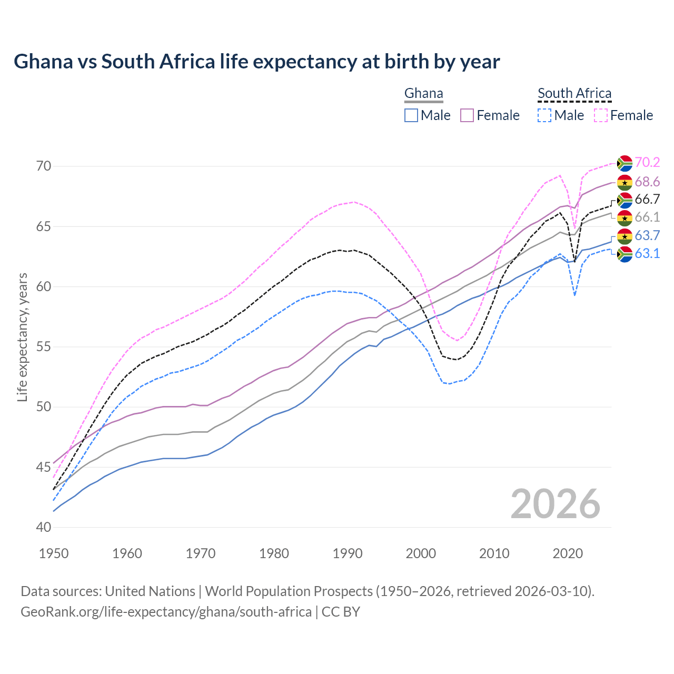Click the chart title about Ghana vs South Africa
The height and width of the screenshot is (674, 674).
(x=256, y=62)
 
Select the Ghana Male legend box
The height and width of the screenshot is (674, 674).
(x=411, y=115)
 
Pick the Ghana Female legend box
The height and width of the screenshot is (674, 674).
(x=468, y=115)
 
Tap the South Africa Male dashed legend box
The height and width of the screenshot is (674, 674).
(x=544, y=115)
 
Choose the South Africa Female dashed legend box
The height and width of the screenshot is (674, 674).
(x=601, y=115)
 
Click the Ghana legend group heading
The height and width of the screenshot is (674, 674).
(x=423, y=93)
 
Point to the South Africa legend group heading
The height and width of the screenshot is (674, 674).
(x=574, y=93)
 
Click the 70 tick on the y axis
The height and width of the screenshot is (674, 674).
(x=44, y=166)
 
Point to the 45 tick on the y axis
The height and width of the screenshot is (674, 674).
(x=44, y=467)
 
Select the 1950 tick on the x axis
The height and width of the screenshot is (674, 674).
(x=54, y=553)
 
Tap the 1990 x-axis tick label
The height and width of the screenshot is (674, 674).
(x=348, y=553)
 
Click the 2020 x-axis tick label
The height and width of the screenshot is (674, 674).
(x=568, y=553)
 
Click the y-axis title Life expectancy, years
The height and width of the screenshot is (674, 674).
(x=22, y=337)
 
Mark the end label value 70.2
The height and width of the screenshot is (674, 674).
(x=647, y=163)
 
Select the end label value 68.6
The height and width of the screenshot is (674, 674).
(x=647, y=182)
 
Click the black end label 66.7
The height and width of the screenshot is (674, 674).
(x=647, y=200)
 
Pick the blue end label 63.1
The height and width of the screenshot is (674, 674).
(x=647, y=254)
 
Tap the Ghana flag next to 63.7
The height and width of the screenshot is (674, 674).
(x=625, y=236)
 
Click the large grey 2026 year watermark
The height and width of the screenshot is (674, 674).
(x=555, y=504)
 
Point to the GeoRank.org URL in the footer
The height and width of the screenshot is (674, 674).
(x=166, y=612)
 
